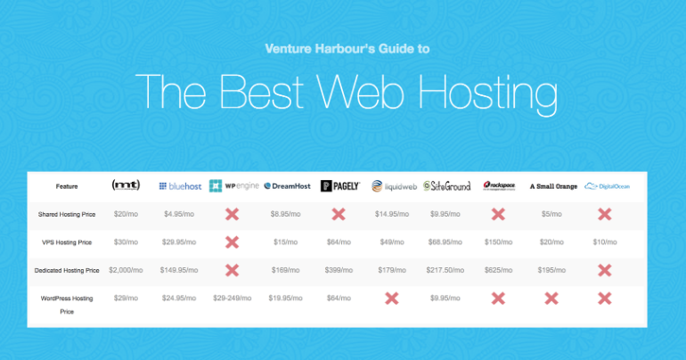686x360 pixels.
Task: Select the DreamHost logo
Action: [286, 186]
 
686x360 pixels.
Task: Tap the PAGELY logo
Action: [339, 186]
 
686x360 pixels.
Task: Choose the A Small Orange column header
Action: [552, 186]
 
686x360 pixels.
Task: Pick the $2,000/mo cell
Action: [126, 269]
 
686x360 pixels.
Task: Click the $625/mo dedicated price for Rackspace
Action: [499, 269]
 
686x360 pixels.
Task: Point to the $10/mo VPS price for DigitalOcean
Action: [605, 241]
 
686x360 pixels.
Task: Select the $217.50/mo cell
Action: [446, 269]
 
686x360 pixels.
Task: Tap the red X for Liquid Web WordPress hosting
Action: [391, 298]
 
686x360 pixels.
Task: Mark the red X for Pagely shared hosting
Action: [339, 215]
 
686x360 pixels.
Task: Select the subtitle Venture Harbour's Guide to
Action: [342, 49]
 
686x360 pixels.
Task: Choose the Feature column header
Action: [67, 186]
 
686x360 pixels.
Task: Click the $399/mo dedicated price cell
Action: [339, 269]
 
